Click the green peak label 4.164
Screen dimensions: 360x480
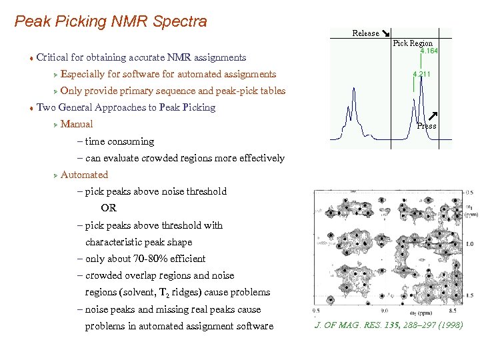click(x=429, y=51)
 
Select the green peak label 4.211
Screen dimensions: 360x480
click(x=421, y=74)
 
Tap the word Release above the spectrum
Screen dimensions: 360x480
click(x=365, y=33)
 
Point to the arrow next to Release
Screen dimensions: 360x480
click(x=386, y=33)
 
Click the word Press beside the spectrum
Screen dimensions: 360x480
click(x=427, y=126)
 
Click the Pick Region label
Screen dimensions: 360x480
click(x=413, y=43)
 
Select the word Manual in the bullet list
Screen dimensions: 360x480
click(x=77, y=125)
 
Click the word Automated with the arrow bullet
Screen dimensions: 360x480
click(x=84, y=175)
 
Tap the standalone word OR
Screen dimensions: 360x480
click(x=109, y=208)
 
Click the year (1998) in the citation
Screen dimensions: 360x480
click(x=447, y=325)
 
